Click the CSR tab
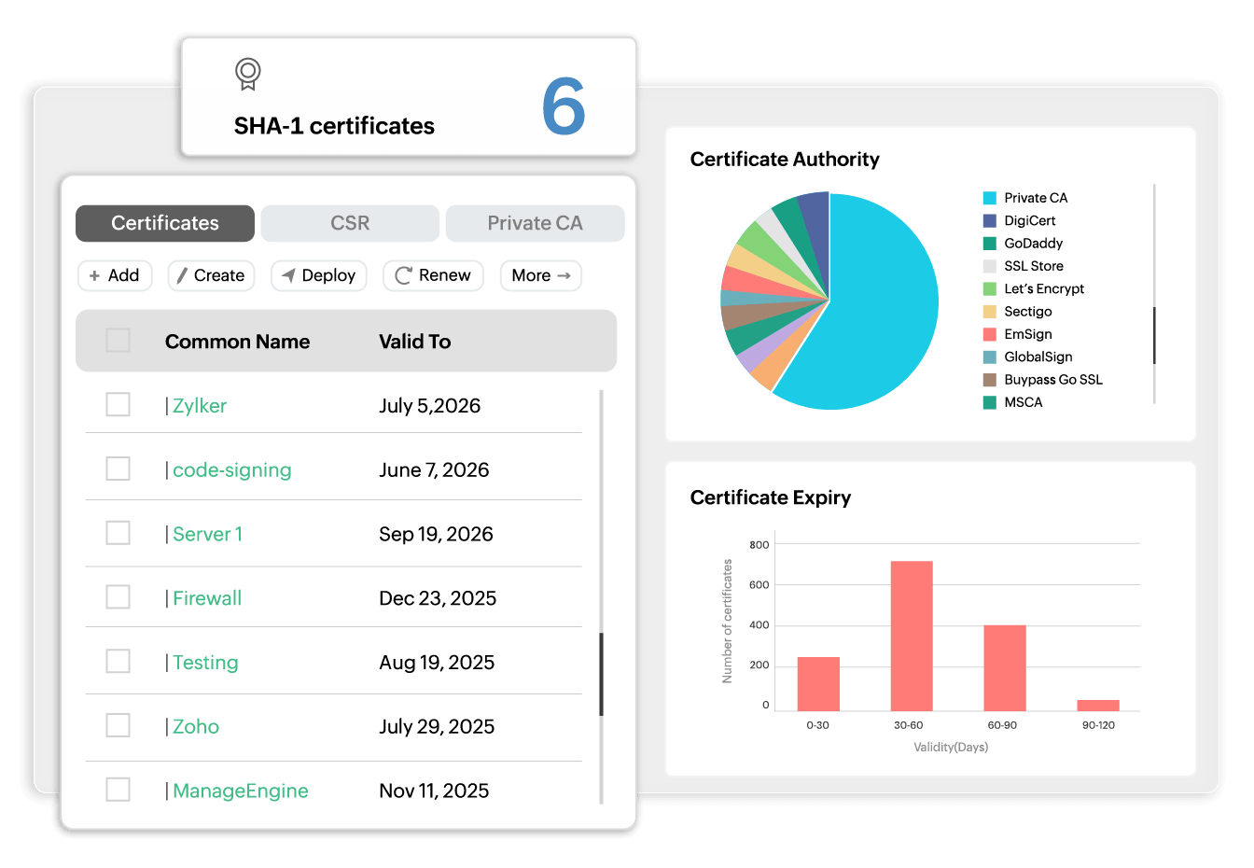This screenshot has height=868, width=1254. pyautogui.click(x=350, y=223)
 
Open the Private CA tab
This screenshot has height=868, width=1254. pyautogui.click(x=535, y=223)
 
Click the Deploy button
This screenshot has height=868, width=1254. pyautogui.click(x=319, y=275)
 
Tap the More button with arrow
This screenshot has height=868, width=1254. pyautogui.click(x=541, y=275)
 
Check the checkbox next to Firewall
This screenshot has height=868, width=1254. pyautogui.click(x=118, y=597)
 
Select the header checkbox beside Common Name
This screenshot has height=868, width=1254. pyautogui.click(x=118, y=341)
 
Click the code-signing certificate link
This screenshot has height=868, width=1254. pyautogui.click(x=231, y=469)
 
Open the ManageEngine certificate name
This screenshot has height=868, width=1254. pyautogui.click(x=240, y=791)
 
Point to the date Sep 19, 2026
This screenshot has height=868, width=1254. pyautogui.click(x=436, y=534)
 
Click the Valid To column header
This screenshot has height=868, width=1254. pyautogui.click(x=414, y=342)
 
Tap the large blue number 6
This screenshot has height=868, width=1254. pyautogui.click(x=564, y=106)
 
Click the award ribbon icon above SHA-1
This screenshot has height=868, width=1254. pyautogui.click(x=247, y=74)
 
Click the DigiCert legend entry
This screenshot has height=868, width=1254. pyautogui.click(x=1029, y=220)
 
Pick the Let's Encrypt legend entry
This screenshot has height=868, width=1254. pyautogui.click(x=1043, y=288)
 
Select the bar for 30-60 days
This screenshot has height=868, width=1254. pyautogui.click(x=912, y=636)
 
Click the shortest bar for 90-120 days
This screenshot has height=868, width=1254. pyautogui.click(x=1097, y=705)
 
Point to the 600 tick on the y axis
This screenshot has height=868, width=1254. pyautogui.click(x=759, y=585)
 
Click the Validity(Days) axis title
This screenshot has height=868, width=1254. pyautogui.click(x=951, y=747)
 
